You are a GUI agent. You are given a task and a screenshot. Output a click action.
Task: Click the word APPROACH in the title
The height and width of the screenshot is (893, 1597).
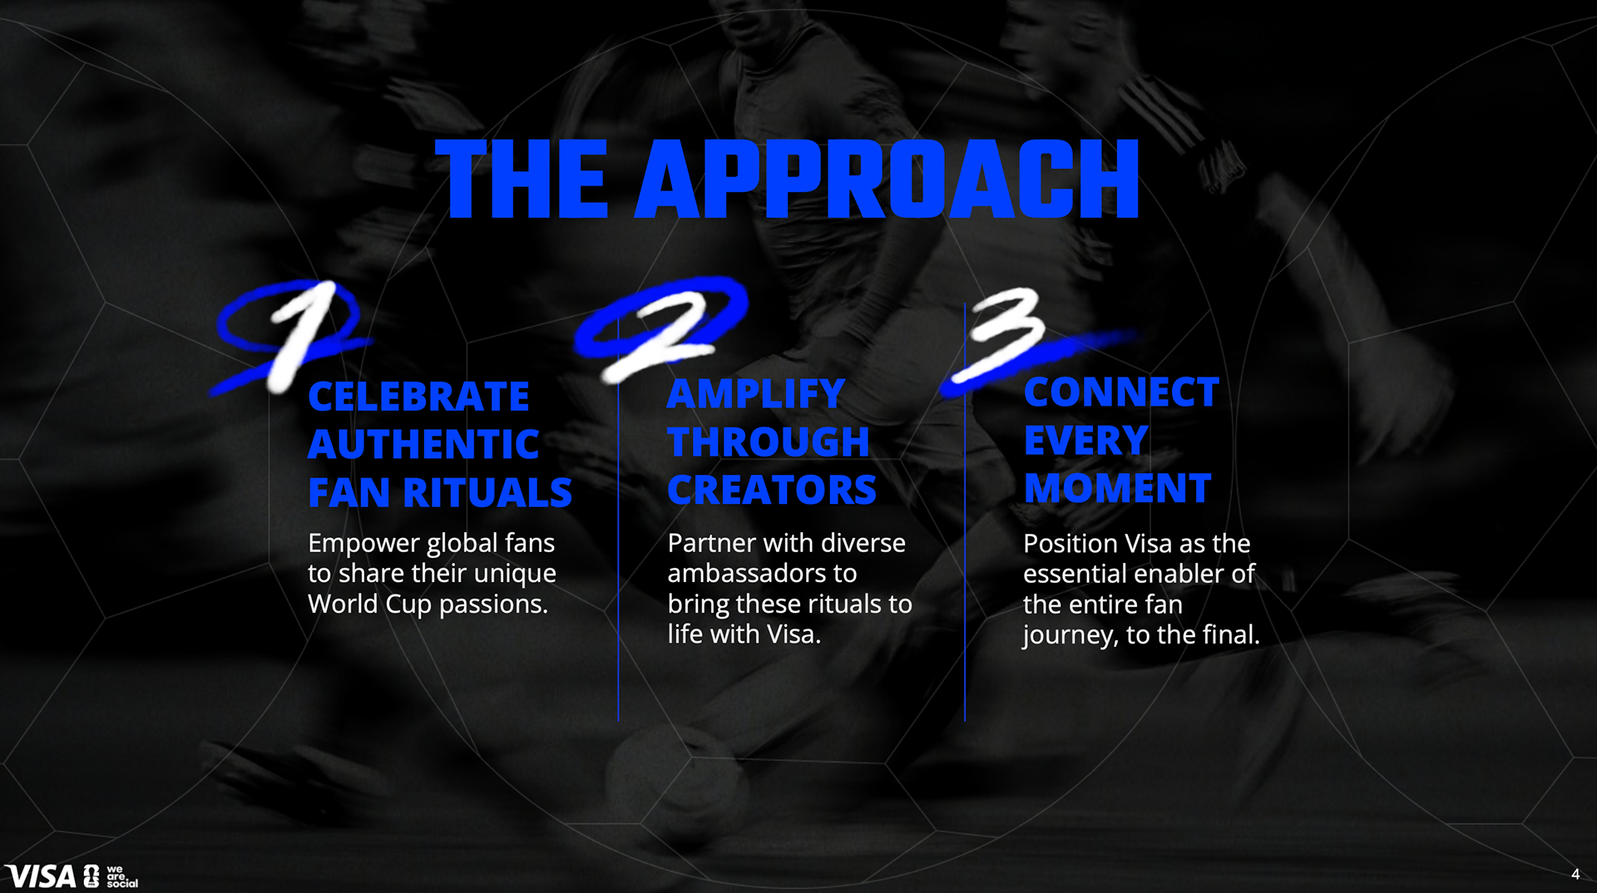coord(887,179)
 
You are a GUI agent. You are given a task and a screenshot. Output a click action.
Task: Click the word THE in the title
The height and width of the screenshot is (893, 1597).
coord(522,179)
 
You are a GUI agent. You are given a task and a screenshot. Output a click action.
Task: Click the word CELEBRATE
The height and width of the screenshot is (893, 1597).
coord(418,397)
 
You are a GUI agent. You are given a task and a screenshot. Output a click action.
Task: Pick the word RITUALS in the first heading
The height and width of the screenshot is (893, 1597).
coord(487,492)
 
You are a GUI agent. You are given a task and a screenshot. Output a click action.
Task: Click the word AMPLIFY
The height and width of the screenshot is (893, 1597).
coord(755,394)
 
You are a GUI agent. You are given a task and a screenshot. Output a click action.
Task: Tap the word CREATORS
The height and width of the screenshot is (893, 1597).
coord(772,490)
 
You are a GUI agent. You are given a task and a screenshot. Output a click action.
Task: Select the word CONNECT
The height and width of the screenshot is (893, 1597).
coord(1121,392)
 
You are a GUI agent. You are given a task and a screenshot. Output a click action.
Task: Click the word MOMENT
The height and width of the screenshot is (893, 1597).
coord(1117,488)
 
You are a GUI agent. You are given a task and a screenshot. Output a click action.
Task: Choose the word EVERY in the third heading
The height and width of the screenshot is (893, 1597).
coord(1085,441)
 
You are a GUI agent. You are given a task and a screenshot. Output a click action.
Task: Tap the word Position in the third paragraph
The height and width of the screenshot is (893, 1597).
coord(1070,543)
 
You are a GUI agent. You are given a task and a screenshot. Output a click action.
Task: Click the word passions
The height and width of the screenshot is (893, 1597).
coord(493,604)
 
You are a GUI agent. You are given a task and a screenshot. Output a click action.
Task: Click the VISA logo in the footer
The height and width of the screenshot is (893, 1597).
coord(40,876)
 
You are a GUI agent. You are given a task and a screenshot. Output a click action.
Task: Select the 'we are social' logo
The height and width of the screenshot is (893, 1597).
coord(121,876)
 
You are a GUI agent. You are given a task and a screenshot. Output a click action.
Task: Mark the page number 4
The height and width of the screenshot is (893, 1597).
coord(1575,874)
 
